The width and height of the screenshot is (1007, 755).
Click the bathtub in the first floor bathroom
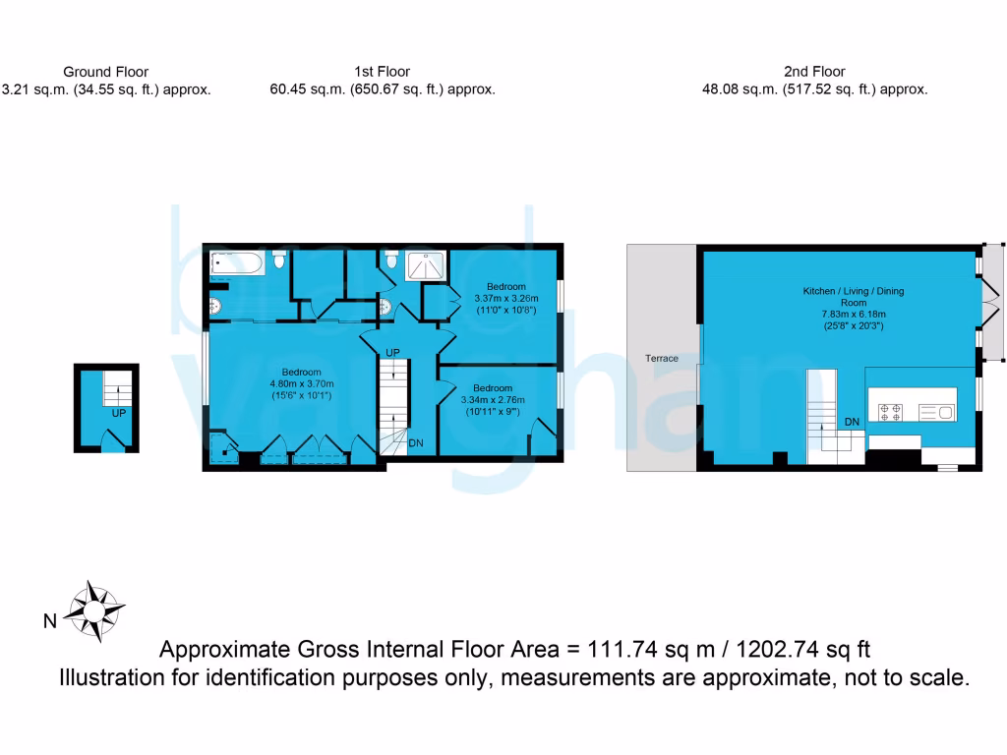[236, 262]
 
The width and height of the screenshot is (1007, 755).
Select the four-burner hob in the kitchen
[892, 412]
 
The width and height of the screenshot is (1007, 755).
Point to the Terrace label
[662, 359]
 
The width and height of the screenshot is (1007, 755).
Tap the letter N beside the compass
[48, 620]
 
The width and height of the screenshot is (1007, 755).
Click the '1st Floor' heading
[383, 72]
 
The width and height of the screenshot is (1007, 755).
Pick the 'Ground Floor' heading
[105, 72]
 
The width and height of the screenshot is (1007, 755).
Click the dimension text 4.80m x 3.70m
[301, 384]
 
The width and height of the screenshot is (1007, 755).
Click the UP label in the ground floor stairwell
[119, 414]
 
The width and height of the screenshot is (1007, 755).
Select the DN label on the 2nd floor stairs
[853, 422]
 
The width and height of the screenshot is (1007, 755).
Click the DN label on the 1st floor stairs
[416, 443]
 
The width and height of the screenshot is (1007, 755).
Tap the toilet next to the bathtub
[280, 261]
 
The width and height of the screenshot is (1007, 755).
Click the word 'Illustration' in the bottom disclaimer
[113, 677]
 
